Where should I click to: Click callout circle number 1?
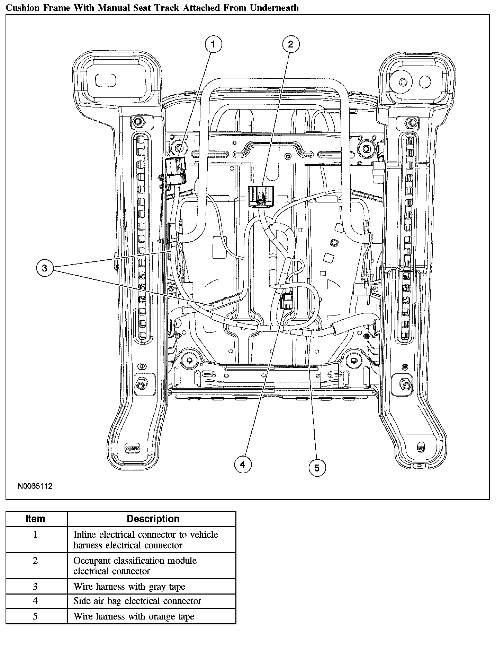tap(213, 44)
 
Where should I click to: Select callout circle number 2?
tap(290, 44)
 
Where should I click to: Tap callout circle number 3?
tap(44, 268)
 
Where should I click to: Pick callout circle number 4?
tap(242, 465)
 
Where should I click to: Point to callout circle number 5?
tap(317, 468)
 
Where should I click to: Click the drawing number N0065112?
tap(35, 486)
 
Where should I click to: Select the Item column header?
tap(35, 519)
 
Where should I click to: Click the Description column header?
tap(153, 519)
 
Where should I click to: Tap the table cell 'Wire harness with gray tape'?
tap(129, 587)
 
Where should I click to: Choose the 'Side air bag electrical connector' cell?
tap(137, 601)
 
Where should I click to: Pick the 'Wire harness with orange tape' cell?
tap(134, 616)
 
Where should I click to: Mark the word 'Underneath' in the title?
tap(274, 7)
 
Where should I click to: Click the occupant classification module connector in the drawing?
tap(261, 196)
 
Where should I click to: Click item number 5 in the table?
tap(35, 616)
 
